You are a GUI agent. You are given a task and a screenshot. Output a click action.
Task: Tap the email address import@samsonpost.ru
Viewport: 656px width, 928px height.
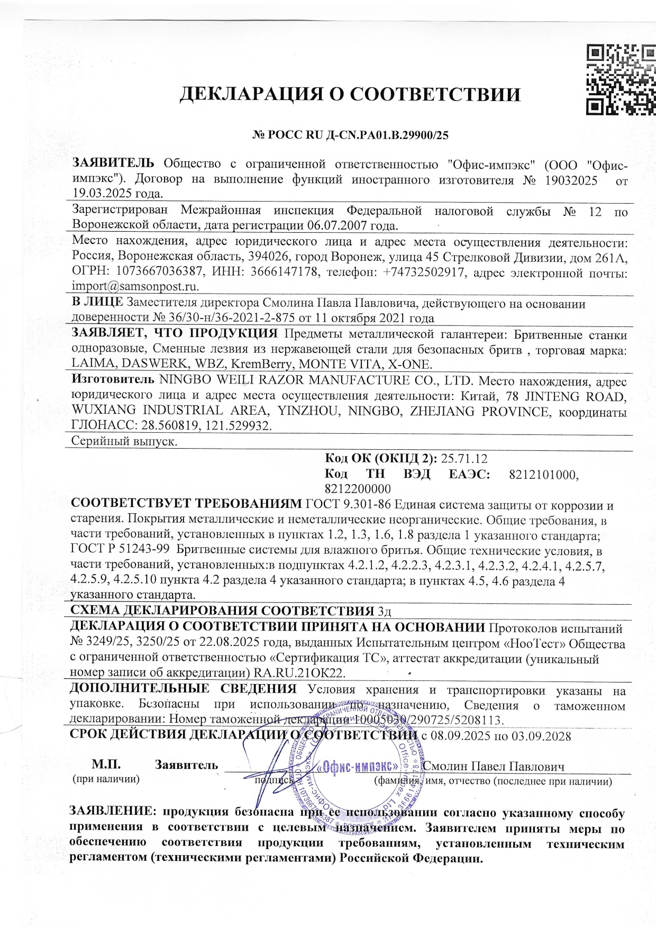pyautogui.click(x=135, y=287)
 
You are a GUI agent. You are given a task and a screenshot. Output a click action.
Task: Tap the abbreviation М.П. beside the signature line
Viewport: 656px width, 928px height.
pyautogui.click(x=106, y=765)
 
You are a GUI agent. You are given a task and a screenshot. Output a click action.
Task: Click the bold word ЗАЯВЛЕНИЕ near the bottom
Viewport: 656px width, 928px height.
pyautogui.click(x=113, y=812)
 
